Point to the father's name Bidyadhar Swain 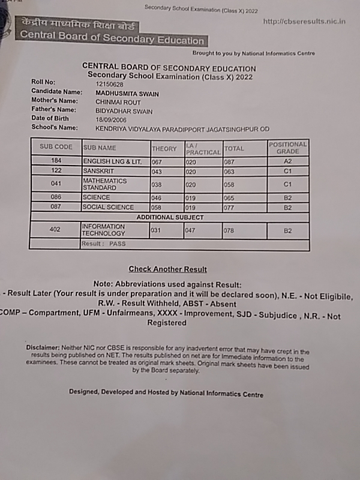point(124,110)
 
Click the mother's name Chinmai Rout point(118,102)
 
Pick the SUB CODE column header point(56,147)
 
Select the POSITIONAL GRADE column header point(287,148)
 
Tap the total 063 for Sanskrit point(231,171)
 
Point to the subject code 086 point(56,197)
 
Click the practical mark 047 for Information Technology point(192,230)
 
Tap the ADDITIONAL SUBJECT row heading point(170,217)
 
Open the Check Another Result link point(167,269)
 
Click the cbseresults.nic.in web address point(304,22)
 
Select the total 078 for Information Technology point(231,230)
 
